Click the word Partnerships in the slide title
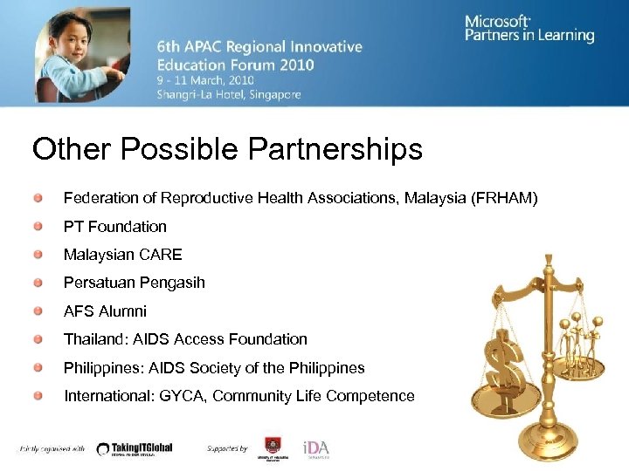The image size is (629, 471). pyautogui.click(x=335, y=149)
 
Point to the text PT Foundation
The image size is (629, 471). pyautogui.click(x=114, y=227)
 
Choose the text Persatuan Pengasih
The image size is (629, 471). pyautogui.click(x=134, y=283)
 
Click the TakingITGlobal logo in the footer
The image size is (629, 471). pyautogui.click(x=135, y=448)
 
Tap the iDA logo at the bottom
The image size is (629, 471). pyautogui.click(x=315, y=448)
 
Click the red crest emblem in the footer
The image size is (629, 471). pyautogui.click(x=272, y=446)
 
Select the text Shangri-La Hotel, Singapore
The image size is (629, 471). pyautogui.click(x=229, y=94)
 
